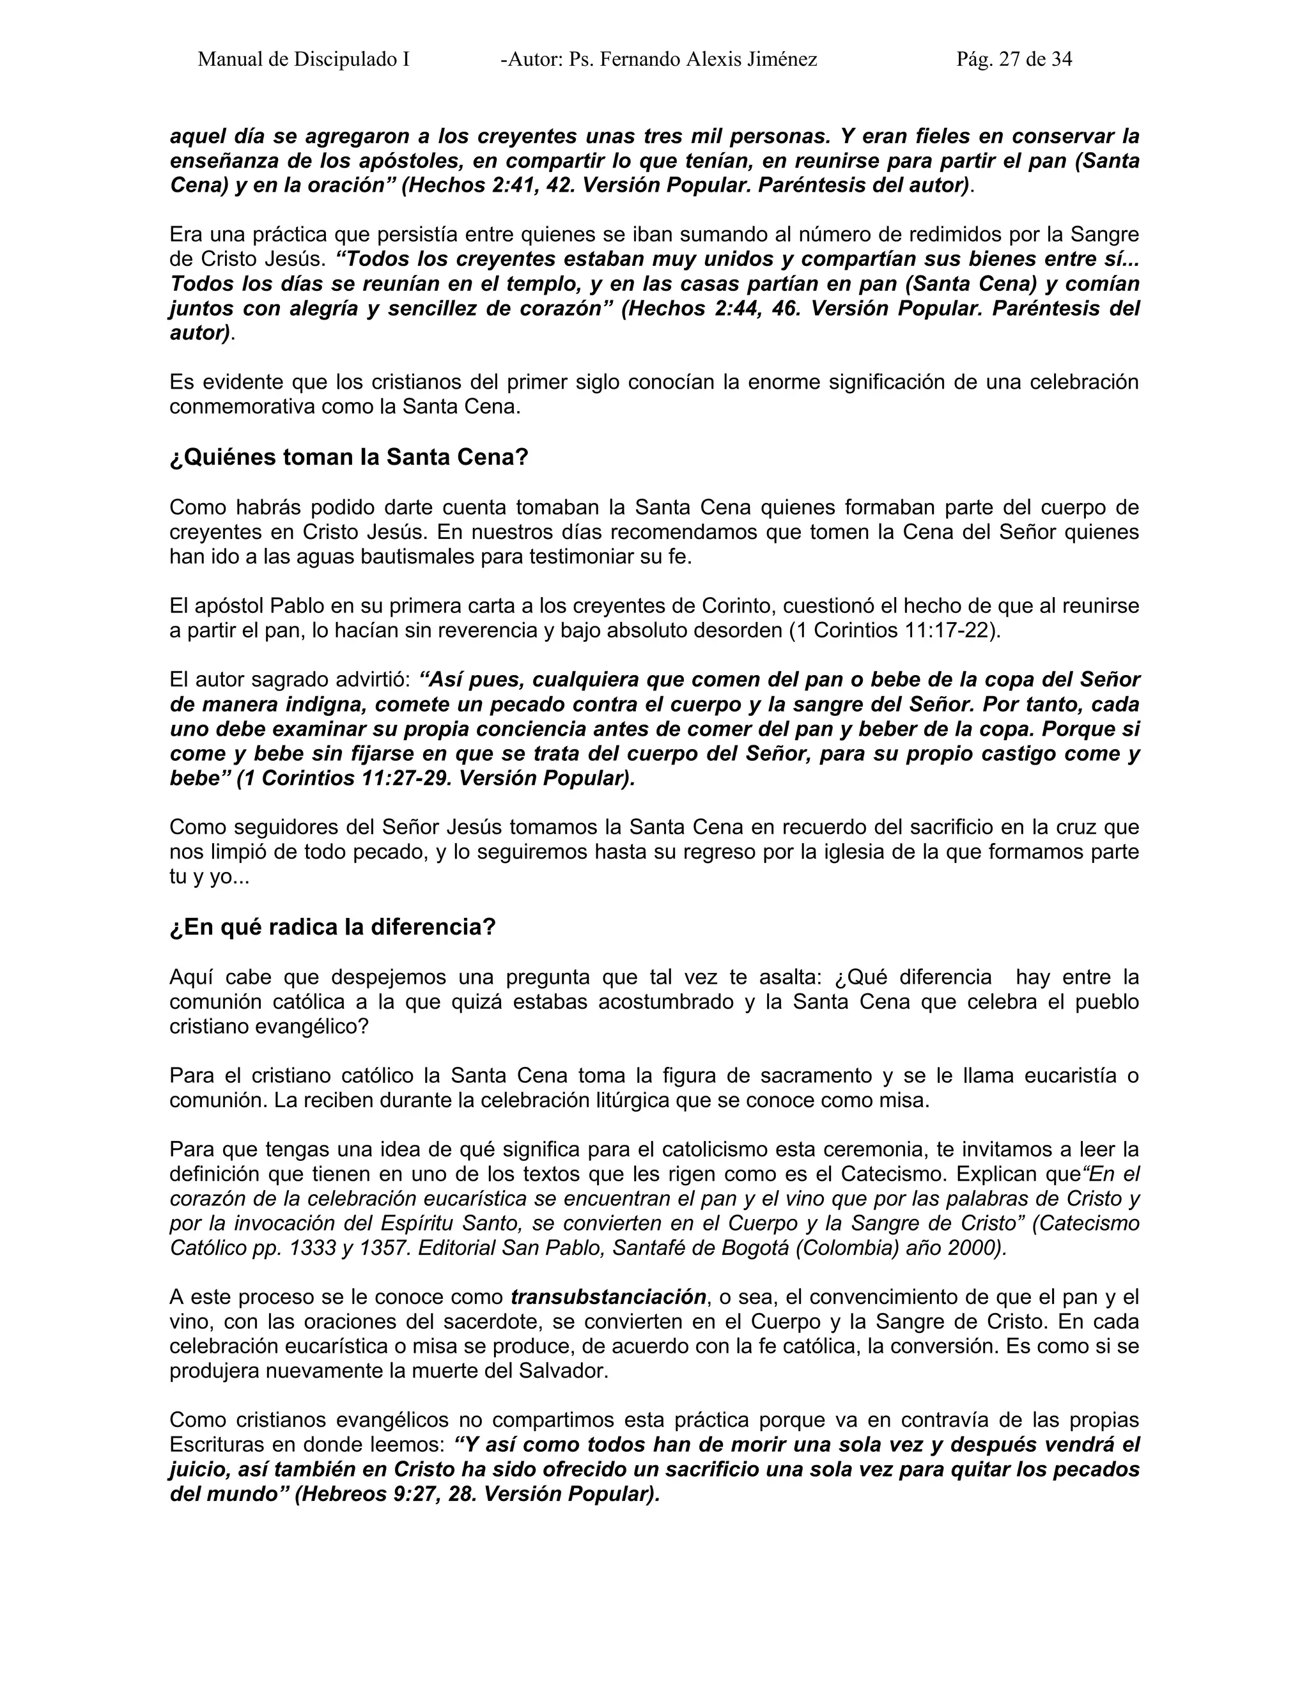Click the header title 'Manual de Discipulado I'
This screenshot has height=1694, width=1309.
(303, 59)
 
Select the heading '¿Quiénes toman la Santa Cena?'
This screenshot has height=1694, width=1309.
(348, 458)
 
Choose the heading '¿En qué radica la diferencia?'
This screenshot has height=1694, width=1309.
(332, 928)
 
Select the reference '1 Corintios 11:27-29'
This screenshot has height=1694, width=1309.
(348, 779)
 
